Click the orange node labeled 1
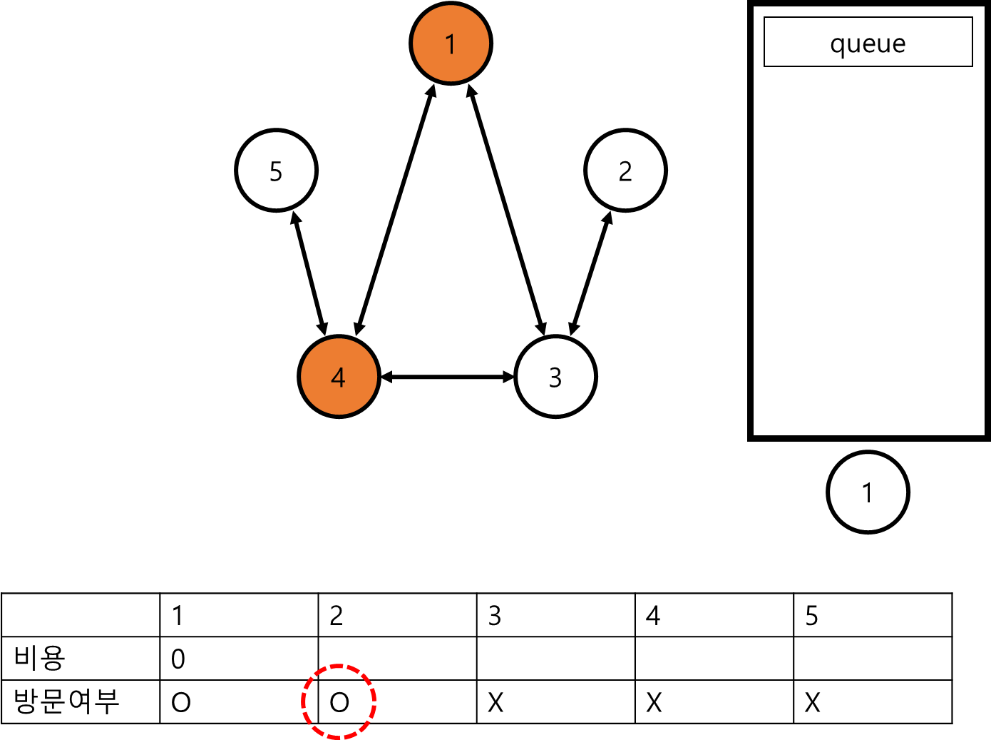pos(451,44)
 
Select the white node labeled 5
pos(276,171)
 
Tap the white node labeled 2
pos(625,171)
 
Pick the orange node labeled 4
pos(339,377)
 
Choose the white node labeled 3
pos(555,377)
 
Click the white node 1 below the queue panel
pos(868,492)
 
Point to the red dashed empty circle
pos(339,701)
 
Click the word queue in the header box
pos(868,44)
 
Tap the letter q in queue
pos(838,45)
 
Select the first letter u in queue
pos(853,44)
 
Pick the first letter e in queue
pos(868,44)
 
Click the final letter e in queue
pos(899,44)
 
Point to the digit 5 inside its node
pos(276,171)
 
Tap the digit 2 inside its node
pos(625,171)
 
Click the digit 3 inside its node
pos(555,377)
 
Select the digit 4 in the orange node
pos(339,377)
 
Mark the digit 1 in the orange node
pos(451,44)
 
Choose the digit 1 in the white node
pos(868,493)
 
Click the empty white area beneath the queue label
pos(868,250)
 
